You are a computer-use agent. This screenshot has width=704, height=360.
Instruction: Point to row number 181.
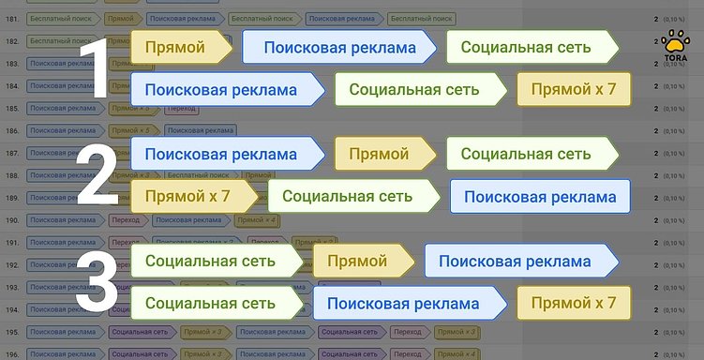(12, 18)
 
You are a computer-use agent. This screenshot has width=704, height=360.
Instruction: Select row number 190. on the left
(12, 220)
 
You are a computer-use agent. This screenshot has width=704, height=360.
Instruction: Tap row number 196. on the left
(12, 354)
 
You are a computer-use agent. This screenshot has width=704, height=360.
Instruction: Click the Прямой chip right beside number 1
(178, 48)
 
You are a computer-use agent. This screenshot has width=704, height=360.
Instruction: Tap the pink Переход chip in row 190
(124, 220)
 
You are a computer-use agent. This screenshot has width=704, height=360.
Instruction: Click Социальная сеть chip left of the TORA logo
(531, 48)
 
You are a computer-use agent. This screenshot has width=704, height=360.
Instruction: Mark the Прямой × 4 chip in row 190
(256, 220)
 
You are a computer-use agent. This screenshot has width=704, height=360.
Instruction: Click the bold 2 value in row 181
(654, 18)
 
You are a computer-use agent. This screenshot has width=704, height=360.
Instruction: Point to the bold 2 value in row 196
(654, 354)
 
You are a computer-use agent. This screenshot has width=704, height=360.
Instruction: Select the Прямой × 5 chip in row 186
(131, 130)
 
